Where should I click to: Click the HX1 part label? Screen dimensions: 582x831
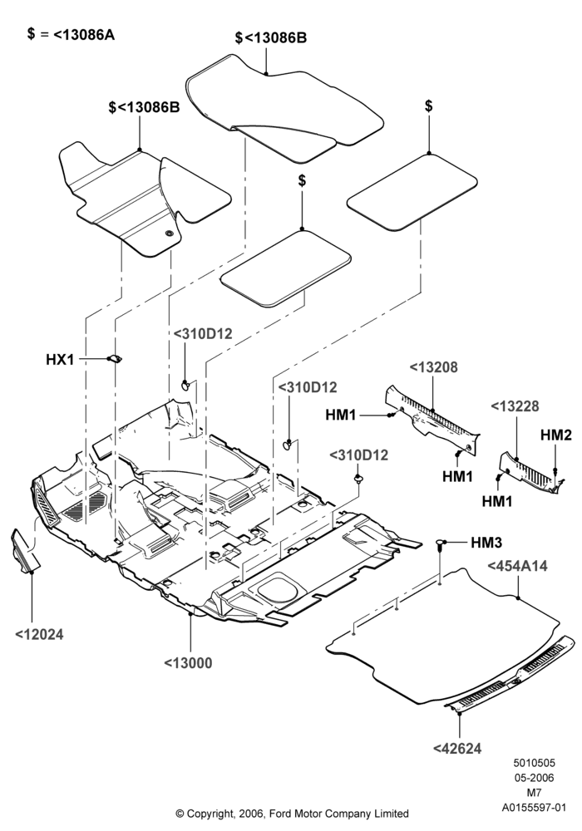pos(60,360)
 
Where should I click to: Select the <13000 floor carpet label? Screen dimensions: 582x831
pos(188,663)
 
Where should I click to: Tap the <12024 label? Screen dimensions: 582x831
pos(39,634)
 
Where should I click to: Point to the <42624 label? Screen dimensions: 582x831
pos(457,749)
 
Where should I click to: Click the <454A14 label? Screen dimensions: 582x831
pos(517,566)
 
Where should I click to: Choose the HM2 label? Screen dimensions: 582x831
pos(556,435)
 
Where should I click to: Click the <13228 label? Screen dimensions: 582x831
pos(515,406)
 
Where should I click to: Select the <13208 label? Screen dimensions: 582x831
pos(433,367)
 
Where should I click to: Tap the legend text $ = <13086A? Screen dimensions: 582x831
pos(71,34)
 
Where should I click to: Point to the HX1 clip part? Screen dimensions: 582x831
pos(115,359)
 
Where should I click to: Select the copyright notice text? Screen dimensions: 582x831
pos(292,813)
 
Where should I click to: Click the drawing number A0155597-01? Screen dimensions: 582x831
pos(535,808)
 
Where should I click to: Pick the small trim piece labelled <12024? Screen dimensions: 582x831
pos(24,551)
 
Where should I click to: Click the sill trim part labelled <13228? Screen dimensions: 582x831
pos(530,472)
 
